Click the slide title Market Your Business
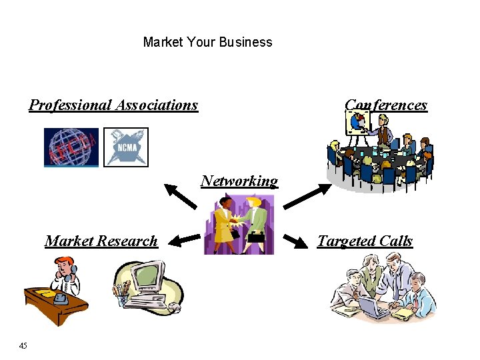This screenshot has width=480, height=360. (207, 42)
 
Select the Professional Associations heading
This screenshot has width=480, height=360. (113, 105)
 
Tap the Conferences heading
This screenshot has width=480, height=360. (386, 105)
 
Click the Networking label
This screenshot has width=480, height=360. (239, 181)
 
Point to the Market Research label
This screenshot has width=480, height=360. (101, 241)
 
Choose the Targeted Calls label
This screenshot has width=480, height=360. (365, 241)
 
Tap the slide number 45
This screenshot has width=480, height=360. (23, 345)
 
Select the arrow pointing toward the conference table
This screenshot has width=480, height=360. (303, 197)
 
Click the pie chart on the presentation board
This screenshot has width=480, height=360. (359, 121)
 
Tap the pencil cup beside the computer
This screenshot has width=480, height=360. (122, 293)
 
